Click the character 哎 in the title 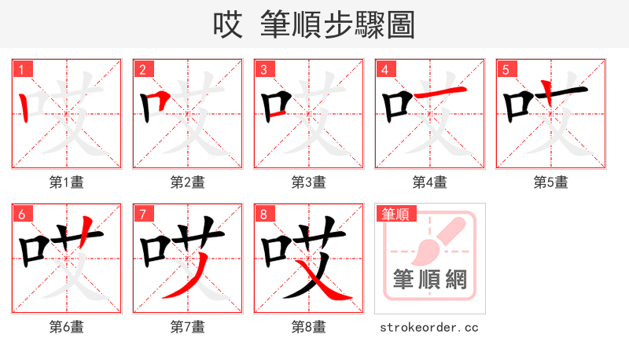[x=228, y=25]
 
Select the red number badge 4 [x=384, y=69]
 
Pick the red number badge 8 [x=263, y=214]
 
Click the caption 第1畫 [x=67, y=182]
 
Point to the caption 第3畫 [x=309, y=182]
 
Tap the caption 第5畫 [x=550, y=182]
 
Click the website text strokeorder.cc [x=429, y=327]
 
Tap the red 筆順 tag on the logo [x=395, y=214]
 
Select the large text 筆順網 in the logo [x=430, y=280]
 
